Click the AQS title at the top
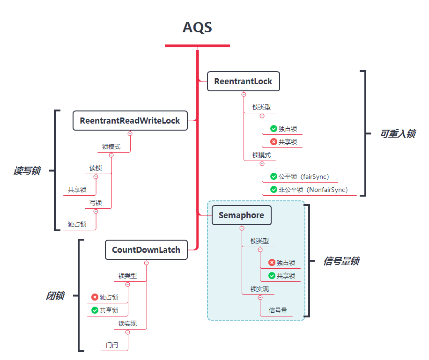(x=197, y=28)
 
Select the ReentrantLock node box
(x=243, y=81)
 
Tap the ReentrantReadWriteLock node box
(x=130, y=121)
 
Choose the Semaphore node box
(x=241, y=215)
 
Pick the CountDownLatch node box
(x=146, y=250)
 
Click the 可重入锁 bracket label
(x=397, y=134)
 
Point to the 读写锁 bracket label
(x=27, y=171)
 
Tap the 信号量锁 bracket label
(x=341, y=261)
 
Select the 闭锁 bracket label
(x=55, y=296)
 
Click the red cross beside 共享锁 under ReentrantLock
(x=274, y=142)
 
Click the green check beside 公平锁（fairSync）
(x=274, y=176)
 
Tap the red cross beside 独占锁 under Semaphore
(x=272, y=263)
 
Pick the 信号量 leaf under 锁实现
(x=278, y=310)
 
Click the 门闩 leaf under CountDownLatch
(x=111, y=345)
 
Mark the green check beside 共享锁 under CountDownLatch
(x=95, y=310)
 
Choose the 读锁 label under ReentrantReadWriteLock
(x=96, y=168)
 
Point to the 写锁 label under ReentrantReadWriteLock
(x=96, y=203)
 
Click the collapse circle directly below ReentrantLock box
(x=244, y=94)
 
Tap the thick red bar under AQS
(x=197, y=45)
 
